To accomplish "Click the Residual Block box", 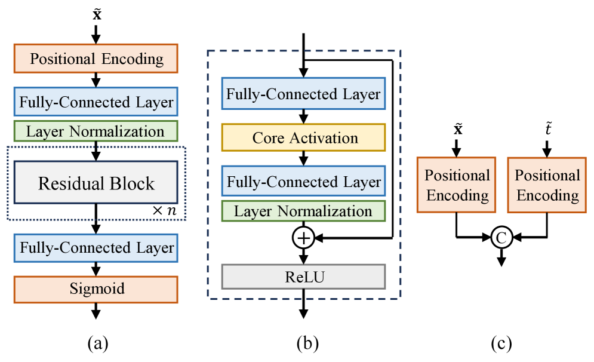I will [x=96, y=183].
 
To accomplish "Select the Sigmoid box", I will [x=96, y=289].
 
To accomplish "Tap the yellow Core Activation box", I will [x=304, y=138].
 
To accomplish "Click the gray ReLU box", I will [x=304, y=277].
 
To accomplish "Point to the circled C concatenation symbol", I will [x=501, y=238].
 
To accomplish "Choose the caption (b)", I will [x=307, y=343].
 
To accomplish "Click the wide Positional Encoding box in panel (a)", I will [x=96, y=59].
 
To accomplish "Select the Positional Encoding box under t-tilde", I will [x=547, y=185].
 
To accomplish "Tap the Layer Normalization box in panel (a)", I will [x=96, y=131].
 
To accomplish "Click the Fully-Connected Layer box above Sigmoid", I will [x=96, y=247].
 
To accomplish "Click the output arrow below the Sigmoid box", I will [x=96, y=312].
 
